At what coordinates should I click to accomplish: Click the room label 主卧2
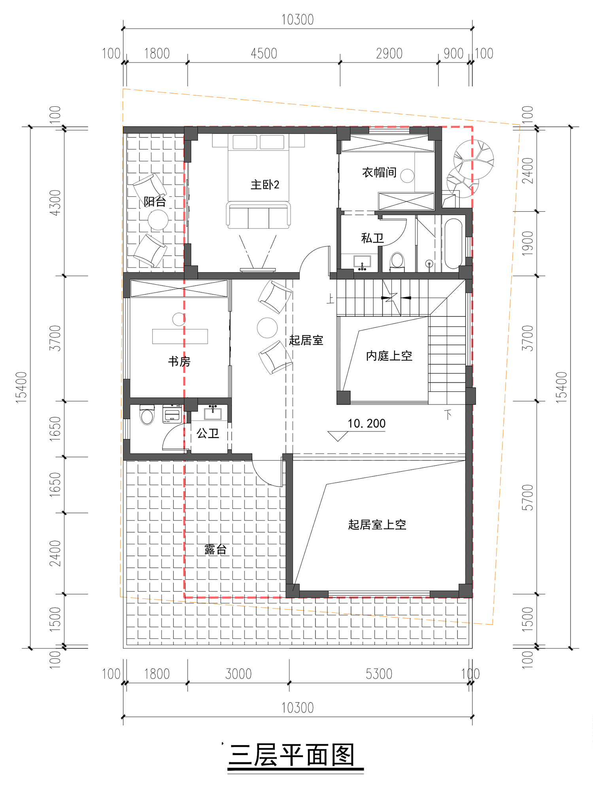point(265,185)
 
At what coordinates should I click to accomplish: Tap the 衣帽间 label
point(379,172)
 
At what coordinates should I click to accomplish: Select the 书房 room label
point(179,361)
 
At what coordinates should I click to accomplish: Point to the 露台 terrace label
point(215,549)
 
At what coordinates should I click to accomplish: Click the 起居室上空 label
point(377,524)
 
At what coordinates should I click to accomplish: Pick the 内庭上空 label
point(389,356)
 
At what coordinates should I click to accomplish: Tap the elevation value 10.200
point(366,424)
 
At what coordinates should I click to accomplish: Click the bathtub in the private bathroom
point(453,244)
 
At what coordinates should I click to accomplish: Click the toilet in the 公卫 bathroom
point(147,414)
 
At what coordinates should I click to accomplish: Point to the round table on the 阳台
point(158,220)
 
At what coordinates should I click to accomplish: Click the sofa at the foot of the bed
point(258,215)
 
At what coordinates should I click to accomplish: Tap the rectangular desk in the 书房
point(180,336)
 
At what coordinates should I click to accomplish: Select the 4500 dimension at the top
point(264,53)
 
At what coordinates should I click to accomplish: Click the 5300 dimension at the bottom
point(379,674)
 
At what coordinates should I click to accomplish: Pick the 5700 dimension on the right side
point(528,497)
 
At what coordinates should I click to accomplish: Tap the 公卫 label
point(208,433)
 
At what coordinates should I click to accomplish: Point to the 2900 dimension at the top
point(389,53)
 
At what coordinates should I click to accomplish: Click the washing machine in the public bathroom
point(172,414)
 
